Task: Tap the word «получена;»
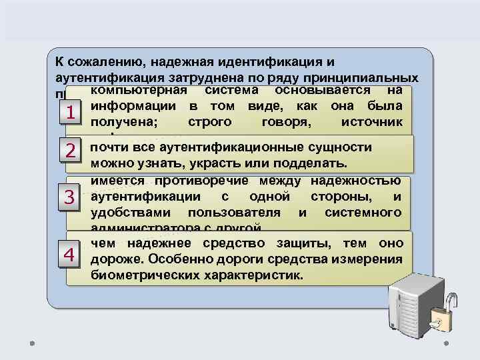[x=120, y=122]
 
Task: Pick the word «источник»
[x=371, y=122]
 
